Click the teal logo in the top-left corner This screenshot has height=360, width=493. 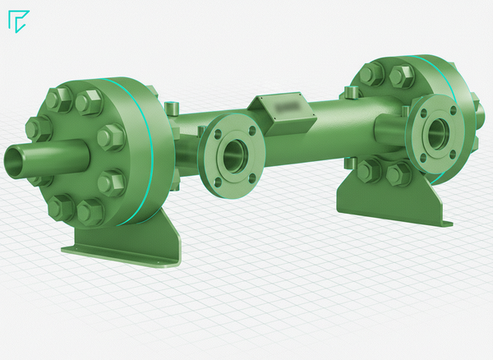(x=17, y=21)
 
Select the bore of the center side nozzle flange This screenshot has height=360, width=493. (x=234, y=153)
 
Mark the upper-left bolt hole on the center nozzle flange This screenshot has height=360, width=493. (x=215, y=131)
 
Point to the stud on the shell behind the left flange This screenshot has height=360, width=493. (x=173, y=108)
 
